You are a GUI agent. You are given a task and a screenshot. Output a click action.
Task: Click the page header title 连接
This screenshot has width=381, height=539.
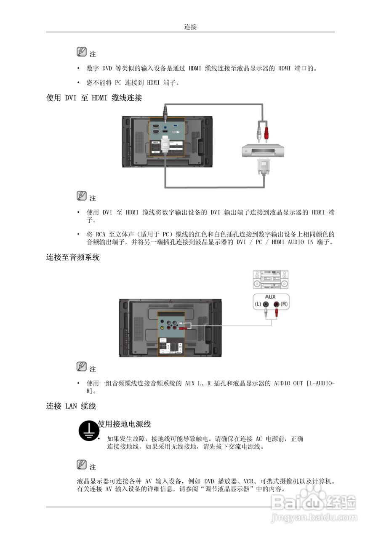(190, 27)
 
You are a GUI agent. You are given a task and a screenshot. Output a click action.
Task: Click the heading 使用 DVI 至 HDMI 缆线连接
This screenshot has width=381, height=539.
(94, 98)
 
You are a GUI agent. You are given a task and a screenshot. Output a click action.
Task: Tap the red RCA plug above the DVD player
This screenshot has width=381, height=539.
(266, 133)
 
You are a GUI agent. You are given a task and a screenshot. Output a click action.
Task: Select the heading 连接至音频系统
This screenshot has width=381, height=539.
(73, 257)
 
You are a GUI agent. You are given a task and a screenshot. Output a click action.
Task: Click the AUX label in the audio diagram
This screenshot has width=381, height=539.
(270, 297)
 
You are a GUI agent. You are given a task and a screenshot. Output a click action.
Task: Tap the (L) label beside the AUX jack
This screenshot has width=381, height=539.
(257, 304)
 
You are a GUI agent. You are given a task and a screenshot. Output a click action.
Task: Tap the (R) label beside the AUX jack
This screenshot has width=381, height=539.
(284, 304)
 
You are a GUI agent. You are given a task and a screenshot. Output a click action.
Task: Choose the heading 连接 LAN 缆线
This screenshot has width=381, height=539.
(71, 406)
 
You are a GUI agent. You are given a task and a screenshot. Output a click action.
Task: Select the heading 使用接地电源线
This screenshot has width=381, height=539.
(124, 424)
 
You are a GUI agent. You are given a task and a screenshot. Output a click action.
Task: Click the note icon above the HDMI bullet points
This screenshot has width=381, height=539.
(82, 52)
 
